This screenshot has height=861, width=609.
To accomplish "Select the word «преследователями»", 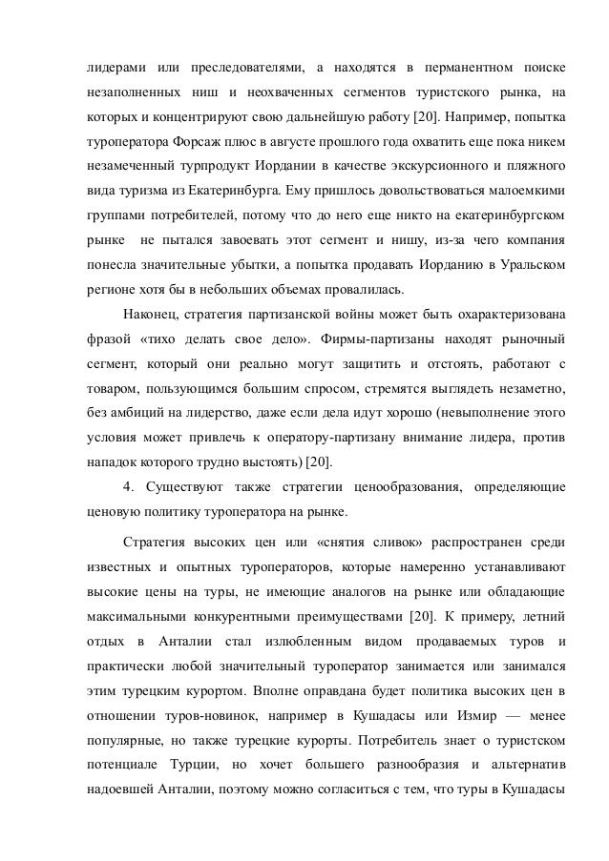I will (242, 70).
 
